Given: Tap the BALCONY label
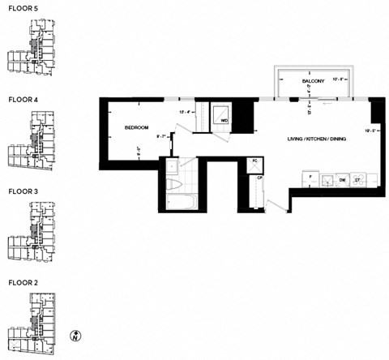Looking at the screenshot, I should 314,82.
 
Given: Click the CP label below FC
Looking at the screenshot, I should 259,176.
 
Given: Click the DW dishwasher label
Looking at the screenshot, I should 342,179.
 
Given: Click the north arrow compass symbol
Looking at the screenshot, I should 75,335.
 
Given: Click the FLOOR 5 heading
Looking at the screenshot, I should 23,7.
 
